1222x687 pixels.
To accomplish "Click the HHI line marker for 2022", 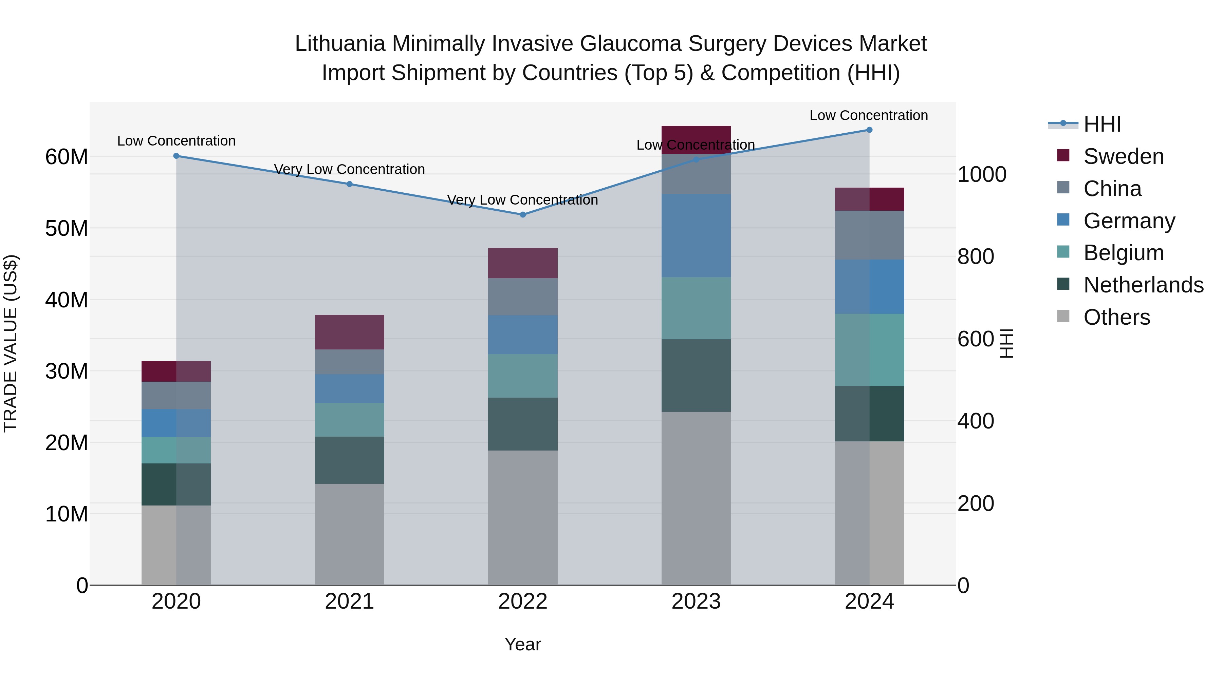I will click(523, 215).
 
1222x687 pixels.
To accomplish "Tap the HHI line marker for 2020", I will click(177, 156).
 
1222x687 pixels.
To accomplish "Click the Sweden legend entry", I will click(1123, 156).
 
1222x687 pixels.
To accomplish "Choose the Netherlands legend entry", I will click(1143, 285).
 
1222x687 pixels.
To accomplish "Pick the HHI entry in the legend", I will click(1102, 124).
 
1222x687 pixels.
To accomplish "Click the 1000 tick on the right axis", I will click(981, 174).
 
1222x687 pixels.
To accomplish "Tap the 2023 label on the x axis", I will click(696, 602).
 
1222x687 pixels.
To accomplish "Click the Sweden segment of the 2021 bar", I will click(350, 332).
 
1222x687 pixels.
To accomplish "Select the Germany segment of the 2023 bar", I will click(696, 236).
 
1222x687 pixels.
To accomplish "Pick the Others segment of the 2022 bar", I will click(523, 517).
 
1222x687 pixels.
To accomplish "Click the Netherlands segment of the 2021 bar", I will click(350, 460).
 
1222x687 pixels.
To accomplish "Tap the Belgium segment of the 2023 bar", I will click(696, 308).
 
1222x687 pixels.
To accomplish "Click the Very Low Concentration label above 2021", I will click(350, 169).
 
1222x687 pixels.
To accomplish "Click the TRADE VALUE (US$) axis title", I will click(11, 343).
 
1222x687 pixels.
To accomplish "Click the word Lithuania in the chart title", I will click(340, 44).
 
